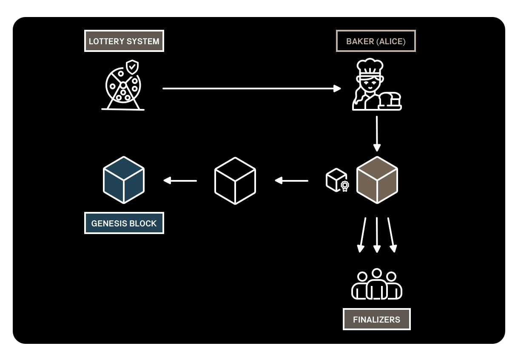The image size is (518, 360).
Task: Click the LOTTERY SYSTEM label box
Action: (x=124, y=41)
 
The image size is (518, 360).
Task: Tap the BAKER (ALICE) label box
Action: (x=376, y=41)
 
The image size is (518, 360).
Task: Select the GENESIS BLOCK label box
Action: (x=124, y=223)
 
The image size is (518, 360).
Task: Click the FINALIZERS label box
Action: (x=376, y=319)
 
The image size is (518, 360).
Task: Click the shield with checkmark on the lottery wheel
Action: (x=132, y=67)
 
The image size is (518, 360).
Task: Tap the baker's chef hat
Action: (x=370, y=67)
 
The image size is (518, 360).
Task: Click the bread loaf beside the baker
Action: (x=390, y=100)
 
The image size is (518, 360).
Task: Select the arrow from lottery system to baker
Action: (x=251, y=89)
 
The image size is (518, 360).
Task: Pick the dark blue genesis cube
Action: (x=124, y=180)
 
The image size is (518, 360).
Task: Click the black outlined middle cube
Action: (x=235, y=180)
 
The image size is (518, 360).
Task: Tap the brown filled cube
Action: (x=377, y=180)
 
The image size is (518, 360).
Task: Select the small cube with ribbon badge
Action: (x=337, y=180)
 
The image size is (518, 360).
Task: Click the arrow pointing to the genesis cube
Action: (x=180, y=180)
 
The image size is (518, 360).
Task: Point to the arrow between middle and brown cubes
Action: (x=291, y=180)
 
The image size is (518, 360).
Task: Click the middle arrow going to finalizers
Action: (x=377, y=234)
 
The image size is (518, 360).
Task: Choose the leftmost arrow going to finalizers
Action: (x=362, y=234)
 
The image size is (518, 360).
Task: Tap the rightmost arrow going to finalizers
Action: (x=391, y=234)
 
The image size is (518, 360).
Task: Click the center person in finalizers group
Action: (x=377, y=284)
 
